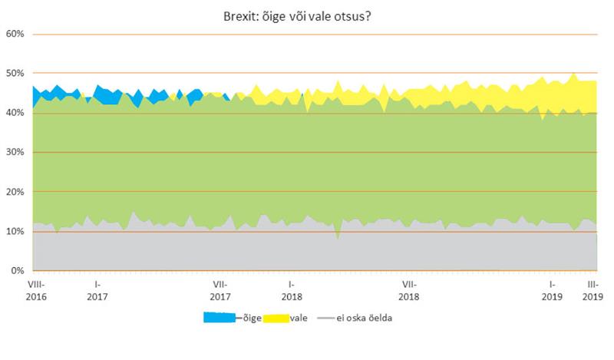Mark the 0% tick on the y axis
[x=18, y=271]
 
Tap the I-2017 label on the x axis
[x=97, y=289]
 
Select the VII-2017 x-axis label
[x=220, y=289]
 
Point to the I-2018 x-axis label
[x=291, y=289]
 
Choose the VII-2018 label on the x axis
[x=409, y=289]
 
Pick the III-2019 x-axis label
[x=593, y=289]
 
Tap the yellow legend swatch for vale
[x=277, y=317]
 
